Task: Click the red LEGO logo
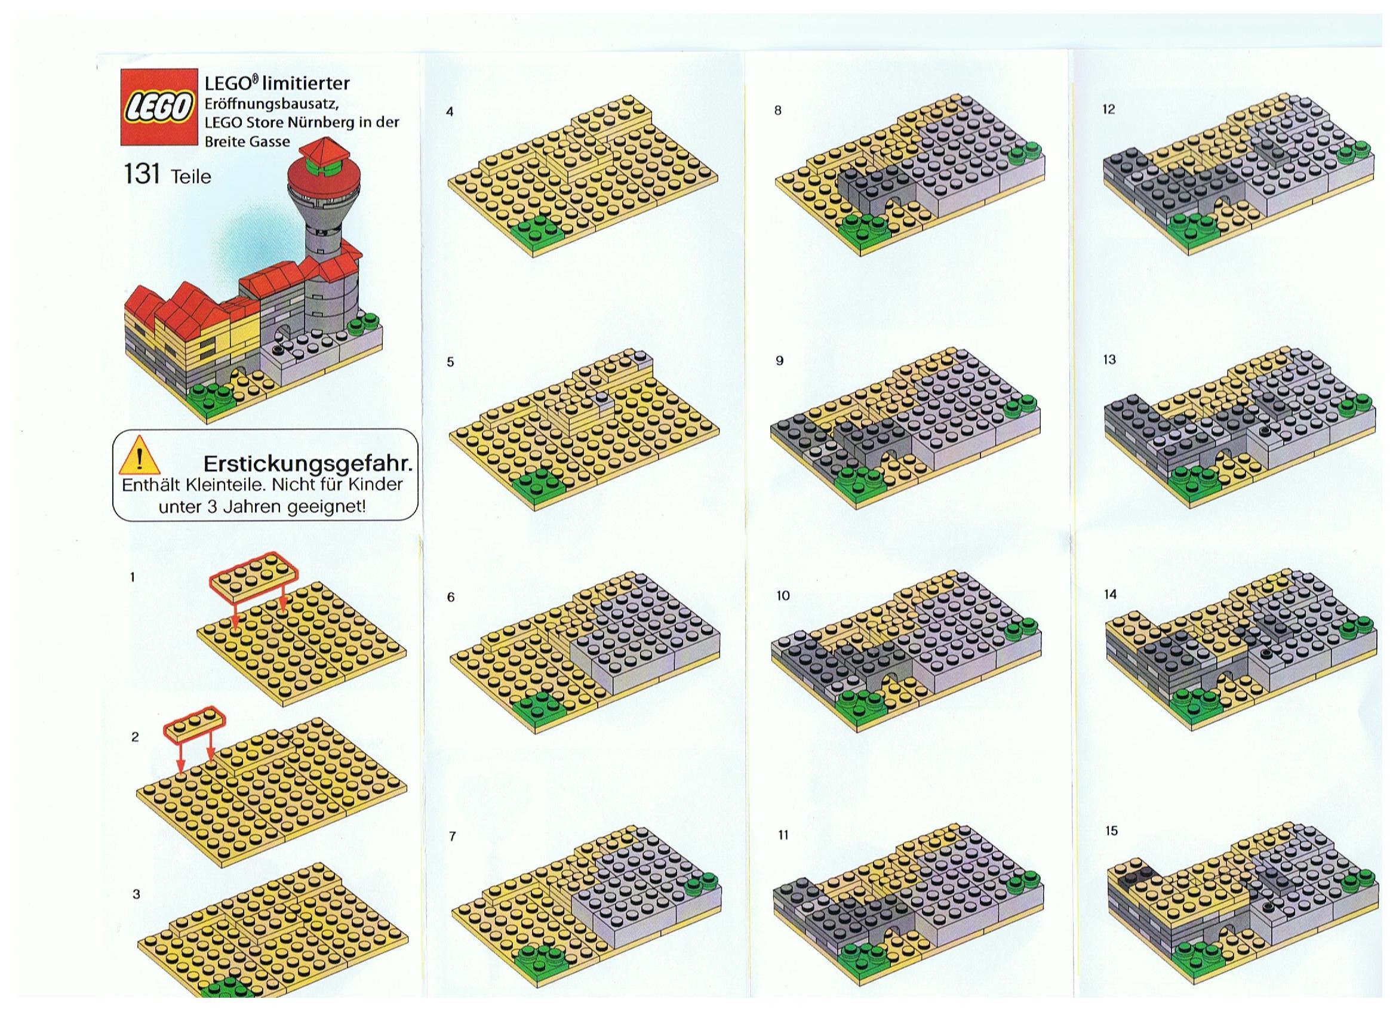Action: (x=158, y=107)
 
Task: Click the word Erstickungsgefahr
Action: (x=308, y=462)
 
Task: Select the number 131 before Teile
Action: (x=142, y=175)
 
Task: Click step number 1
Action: (x=133, y=577)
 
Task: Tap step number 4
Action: (x=450, y=112)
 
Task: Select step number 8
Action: (x=778, y=111)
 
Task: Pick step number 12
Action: (x=1109, y=110)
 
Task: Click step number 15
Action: (x=1111, y=831)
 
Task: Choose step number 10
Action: (x=783, y=595)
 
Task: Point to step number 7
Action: (x=453, y=836)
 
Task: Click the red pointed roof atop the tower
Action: (x=324, y=151)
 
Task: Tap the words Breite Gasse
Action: (x=247, y=141)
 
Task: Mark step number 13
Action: (x=1109, y=359)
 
